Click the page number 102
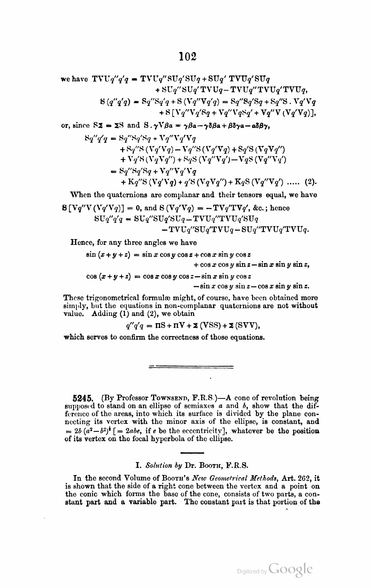pos(187,56)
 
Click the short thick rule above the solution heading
pos(192,453)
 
